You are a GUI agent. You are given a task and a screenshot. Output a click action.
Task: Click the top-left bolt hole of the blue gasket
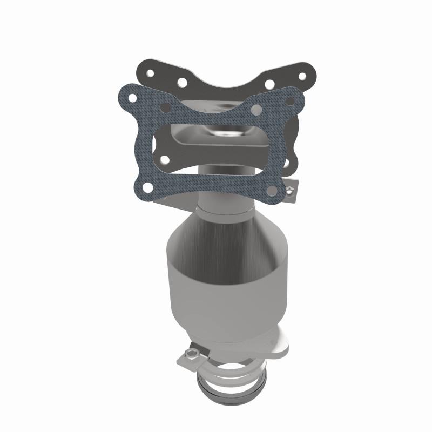click(x=131, y=99)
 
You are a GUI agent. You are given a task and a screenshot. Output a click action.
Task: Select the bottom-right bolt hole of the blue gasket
click(x=271, y=190)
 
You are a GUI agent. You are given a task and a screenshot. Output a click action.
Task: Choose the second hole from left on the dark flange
click(x=182, y=83)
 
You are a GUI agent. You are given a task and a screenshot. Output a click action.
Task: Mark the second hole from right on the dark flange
click(x=268, y=85)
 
